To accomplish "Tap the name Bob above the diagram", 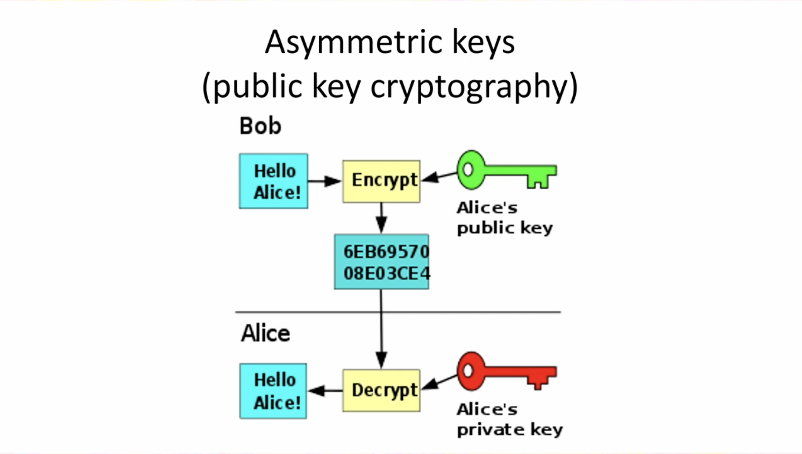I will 260,126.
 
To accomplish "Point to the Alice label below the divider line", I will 265,333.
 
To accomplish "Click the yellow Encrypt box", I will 381,181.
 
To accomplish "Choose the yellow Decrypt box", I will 381,390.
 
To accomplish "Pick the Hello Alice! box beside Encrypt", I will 273,181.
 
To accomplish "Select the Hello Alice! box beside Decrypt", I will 273,391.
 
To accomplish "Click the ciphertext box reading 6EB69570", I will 381,262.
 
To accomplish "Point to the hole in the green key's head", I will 468,170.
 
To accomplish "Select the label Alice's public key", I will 504,218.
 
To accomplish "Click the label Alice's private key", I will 509,419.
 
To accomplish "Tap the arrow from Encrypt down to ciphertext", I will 381,218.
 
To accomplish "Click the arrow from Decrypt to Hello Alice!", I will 325,390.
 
